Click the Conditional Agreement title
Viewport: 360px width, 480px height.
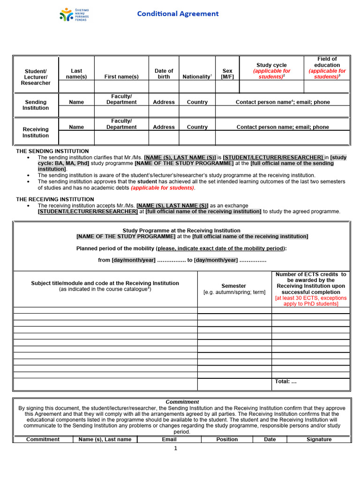pos(178,14)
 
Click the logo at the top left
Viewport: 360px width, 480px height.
pos(74,15)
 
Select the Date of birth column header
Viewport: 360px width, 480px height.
pos(164,74)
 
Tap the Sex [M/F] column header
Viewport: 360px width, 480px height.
pos(227,74)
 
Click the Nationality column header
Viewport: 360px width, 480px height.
pos(197,76)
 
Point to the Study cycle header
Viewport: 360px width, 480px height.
pos(271,71)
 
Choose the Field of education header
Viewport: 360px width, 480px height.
pos(327,68)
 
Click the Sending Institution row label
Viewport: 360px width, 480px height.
pos(36,105)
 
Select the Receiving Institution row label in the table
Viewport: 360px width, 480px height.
pos(36,132)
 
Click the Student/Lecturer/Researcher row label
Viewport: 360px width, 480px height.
pos(36,77)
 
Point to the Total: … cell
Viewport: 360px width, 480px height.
pos(286,382)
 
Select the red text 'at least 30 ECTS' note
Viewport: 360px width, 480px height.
pos(311,300)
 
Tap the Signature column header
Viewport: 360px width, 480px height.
pos(319,439)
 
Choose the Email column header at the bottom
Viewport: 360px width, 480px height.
pos(169,439)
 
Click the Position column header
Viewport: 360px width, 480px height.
pos(227,439)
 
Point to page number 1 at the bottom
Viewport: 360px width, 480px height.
pos(175,449)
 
